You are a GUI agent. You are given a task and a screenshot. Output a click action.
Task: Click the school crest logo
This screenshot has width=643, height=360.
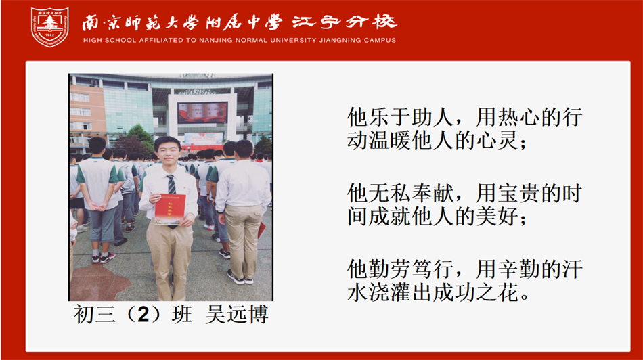[49, 27]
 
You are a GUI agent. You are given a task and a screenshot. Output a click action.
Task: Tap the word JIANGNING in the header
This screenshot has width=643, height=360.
[340, 40]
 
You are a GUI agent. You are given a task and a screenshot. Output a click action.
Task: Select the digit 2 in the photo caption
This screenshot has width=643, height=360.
[143, 315]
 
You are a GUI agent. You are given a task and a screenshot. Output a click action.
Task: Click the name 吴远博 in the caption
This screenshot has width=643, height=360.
[237, 315]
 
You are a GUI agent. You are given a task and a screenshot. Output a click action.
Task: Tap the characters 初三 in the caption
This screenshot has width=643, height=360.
[95, 315]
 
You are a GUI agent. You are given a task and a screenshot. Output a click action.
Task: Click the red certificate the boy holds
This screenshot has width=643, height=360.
[170, 209]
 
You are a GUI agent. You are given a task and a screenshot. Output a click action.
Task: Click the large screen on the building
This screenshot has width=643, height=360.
[202, 113]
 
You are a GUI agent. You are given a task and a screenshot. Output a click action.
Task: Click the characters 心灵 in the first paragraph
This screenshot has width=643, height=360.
[497, 141]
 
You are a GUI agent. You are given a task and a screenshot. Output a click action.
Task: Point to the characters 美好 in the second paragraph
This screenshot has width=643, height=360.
[497, 217]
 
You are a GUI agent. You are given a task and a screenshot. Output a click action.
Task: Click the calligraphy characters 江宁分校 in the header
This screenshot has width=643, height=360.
[345, 22]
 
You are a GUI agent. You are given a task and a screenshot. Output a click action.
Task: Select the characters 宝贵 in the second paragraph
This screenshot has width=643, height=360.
[518, 193]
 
